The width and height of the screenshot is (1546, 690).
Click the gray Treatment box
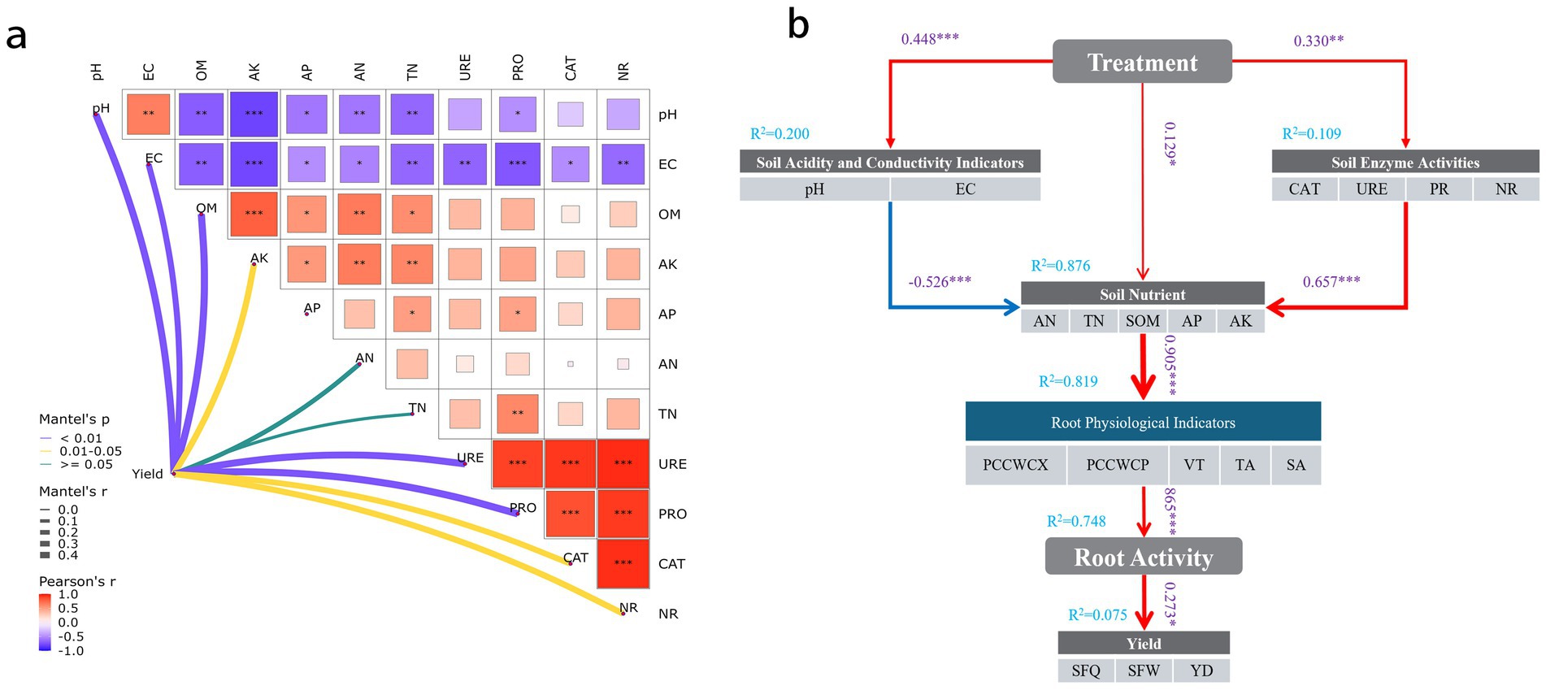tap(1142, 62)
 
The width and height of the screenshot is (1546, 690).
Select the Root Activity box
tap(1143, 557)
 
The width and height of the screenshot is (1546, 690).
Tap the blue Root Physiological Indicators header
tap(1143, 422)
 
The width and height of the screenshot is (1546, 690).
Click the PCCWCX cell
tap(1015, 465)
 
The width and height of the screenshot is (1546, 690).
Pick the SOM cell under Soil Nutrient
tap(1142, 321)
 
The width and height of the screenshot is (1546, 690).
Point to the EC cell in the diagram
tap(965, 189)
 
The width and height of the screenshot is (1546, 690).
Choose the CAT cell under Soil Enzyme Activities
tap(1304, 189)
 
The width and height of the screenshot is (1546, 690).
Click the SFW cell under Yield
tap(1144, 670)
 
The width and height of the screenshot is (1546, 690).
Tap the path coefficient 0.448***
tap(930, 39)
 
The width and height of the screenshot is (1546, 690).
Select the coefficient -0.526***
tap(940, 282)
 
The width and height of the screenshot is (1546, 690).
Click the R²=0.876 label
tap(1060, 266)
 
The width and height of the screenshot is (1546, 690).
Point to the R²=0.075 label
tap(1097, 615)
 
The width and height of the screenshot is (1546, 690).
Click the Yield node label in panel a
tap(147, 474)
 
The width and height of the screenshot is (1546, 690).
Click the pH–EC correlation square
tap(148, 115)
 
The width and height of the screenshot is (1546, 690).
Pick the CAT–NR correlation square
tap(623, 563)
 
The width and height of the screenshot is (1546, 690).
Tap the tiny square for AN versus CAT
tap(571, 364)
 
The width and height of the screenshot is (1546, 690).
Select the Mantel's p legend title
tap(74, 419)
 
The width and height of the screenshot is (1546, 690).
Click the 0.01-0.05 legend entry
tap(90, 451)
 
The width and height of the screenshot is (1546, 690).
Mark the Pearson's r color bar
tap(45, 622)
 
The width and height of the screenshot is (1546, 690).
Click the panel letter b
tap(798, 26)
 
